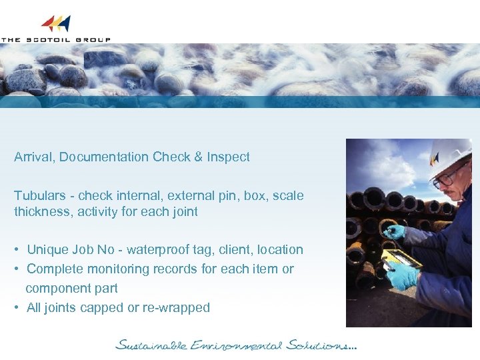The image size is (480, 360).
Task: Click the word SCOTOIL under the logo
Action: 53,39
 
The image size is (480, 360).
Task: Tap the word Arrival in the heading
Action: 35,157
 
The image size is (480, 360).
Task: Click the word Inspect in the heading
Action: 228,157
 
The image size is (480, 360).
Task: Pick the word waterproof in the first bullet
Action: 154,250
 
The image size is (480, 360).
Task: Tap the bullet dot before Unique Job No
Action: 16,250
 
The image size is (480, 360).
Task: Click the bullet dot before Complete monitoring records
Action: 16,269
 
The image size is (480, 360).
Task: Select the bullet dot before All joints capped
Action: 16,308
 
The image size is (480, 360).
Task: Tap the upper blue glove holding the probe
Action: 396,232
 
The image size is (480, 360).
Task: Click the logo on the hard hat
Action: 435,159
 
